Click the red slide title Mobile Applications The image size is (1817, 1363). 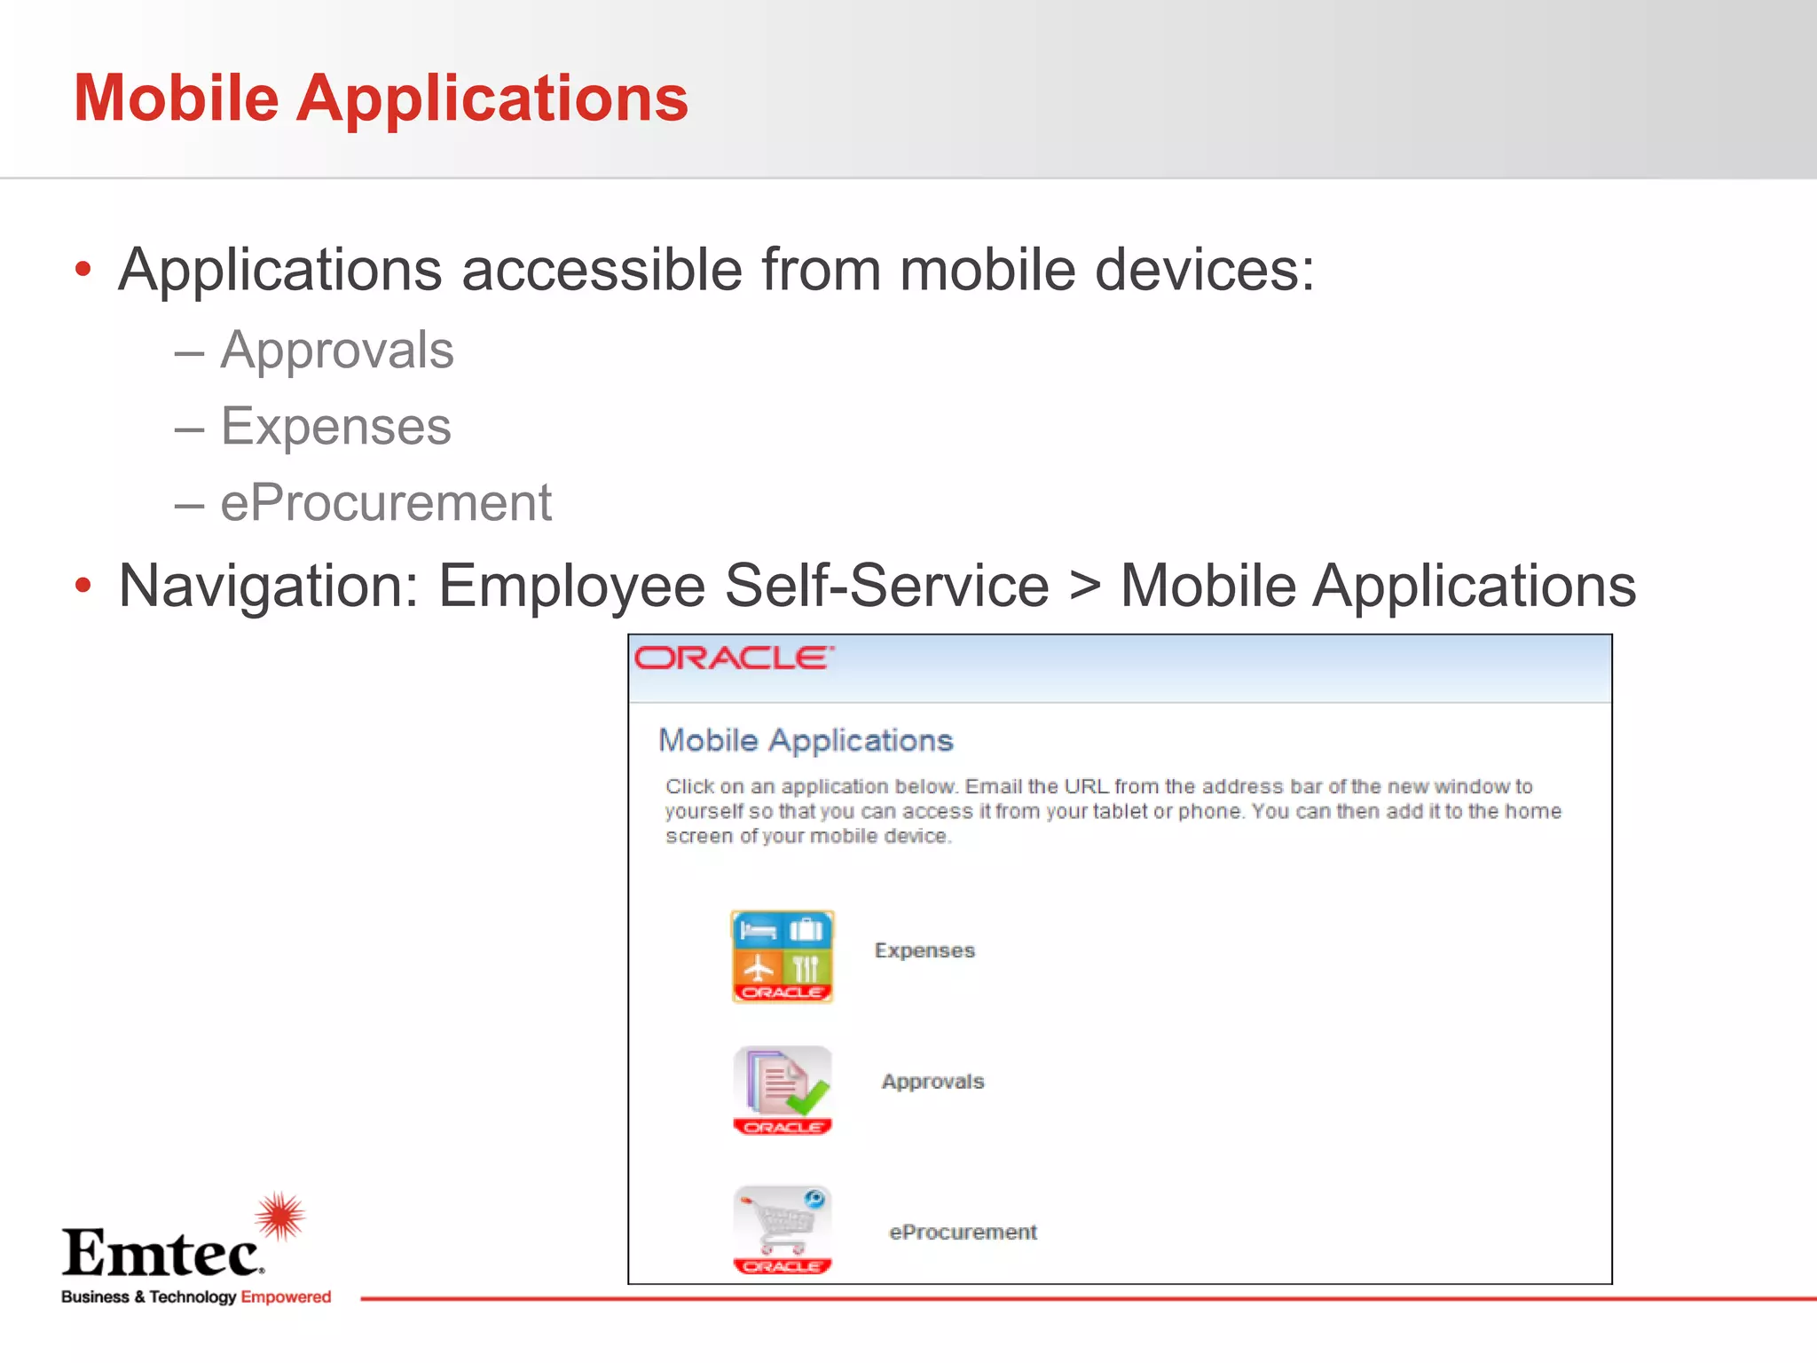[381, 98]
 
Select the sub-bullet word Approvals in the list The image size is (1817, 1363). [337, 350]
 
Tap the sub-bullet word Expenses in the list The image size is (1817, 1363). [336, 427]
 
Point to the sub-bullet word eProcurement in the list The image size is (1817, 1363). [386, 503]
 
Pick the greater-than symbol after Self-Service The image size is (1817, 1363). [1084, 587]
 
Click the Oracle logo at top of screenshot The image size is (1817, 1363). [733, 658]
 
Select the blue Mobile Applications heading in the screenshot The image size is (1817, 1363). [806, 740]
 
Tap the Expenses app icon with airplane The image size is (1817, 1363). [782, 957]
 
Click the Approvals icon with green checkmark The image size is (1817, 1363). [782, 1090]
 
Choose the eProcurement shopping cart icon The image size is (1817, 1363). [782, 1229]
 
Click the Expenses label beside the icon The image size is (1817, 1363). [924, 950]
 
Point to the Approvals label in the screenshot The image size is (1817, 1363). [932, 1082]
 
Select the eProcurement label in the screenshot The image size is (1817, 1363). [963, 1232]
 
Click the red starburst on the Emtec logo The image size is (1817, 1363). [280, 1216]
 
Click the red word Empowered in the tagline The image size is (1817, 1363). [286, 1297]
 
